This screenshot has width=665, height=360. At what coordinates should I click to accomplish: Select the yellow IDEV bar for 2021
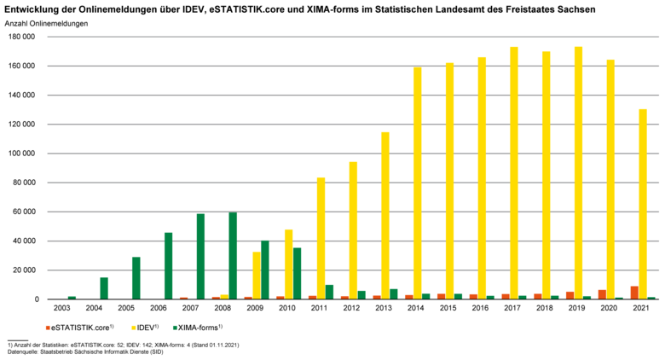(x=643, y=205)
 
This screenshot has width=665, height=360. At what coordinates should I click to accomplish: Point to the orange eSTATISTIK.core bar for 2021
(x=634, y=293)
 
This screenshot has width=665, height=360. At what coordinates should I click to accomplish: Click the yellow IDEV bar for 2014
(x=418, y=183)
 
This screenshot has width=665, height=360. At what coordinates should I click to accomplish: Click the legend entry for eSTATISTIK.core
(x=80, y=327)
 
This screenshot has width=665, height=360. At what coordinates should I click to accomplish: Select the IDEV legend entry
(x=149, y=327)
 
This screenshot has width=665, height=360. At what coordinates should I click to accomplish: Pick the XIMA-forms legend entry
(x=198, y=327)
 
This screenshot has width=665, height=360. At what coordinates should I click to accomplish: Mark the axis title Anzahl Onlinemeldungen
(x=46, y=23)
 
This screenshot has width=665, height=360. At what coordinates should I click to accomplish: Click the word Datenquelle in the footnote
(x=24, y=351)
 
